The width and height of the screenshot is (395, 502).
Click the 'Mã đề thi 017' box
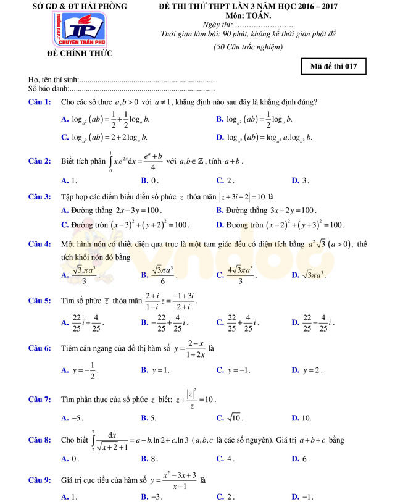click(334, 67)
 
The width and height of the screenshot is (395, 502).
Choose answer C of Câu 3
click(126, 225)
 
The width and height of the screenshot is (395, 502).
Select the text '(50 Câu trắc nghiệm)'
click(247, 47)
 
